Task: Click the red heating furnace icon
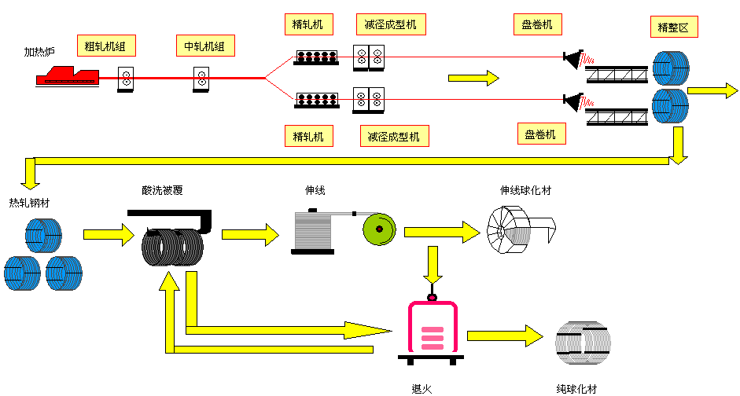pos(68,76)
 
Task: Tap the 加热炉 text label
pos(39,52)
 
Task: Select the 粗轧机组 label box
pos(107,46)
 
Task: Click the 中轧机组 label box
pos(205,46)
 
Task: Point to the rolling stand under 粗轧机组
pos(126,79)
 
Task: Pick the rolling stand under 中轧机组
pos(201,79)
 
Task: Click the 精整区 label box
pos(674,27)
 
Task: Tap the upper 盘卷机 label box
pos(538,24)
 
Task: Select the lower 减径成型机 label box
pos(395,136)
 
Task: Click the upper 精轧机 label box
pos(308,24)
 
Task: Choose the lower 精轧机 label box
pos(308,136)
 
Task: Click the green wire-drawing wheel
pos(380,229)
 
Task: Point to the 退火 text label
pos(422,389)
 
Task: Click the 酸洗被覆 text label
pos(162,190)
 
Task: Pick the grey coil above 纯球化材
pos(583,343)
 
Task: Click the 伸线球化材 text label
pos(525,190)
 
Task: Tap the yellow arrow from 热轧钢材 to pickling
pos(109,234)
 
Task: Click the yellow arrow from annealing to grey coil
pos(505,335)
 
